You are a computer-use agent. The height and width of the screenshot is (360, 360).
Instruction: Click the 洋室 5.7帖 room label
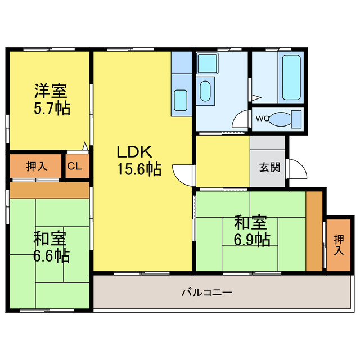(x=51, y=99)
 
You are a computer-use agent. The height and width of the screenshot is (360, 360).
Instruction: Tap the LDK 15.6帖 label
(x=138, y=160)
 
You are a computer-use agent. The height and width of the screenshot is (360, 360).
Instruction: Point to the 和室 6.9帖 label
(x=252, y=231)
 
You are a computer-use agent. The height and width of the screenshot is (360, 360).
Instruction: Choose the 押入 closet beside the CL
(x=37, y=166)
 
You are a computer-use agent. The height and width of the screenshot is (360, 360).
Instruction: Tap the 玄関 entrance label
(x=268, y=167)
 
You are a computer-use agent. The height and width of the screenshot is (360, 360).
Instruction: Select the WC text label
(x=262, y=119)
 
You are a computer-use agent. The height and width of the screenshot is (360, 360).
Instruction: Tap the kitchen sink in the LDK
(x=181, y=100)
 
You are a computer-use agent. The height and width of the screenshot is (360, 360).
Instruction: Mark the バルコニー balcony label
(x=206, y=292)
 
